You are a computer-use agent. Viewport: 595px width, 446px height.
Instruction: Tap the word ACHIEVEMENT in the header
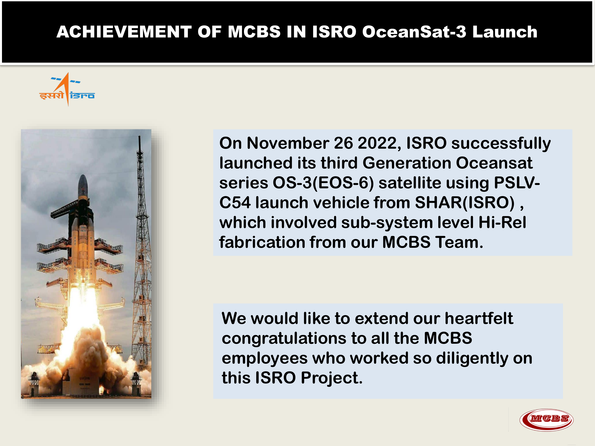click(124, 32)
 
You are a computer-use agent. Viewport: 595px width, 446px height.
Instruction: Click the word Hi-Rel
click(502, 222)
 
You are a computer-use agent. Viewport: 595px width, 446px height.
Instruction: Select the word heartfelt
click(479, 318)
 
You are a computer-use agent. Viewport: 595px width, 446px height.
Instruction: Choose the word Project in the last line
click(331, 378)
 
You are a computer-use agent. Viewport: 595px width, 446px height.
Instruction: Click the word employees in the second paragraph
click(264, 358)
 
